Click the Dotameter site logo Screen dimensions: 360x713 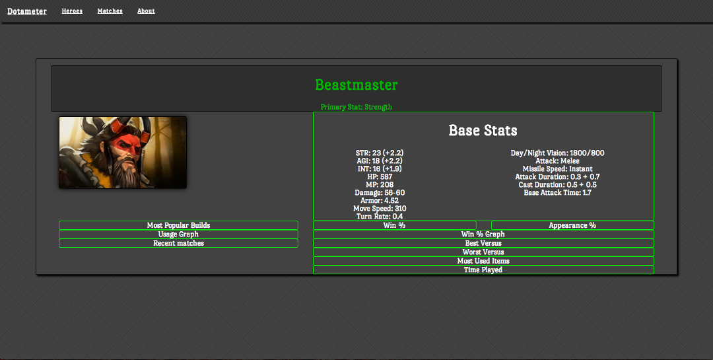(x=27, y=11)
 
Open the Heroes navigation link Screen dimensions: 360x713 (x=72, y=11)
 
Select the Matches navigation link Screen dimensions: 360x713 (x=110, y=11)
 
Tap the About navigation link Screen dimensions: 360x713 (x=146, y=11)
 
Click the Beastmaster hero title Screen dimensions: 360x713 (x=356, y=85)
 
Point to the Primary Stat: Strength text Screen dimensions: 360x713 (x=356, y=107)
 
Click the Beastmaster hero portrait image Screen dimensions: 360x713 (x=123, y=153)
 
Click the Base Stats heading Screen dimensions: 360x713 (x=483, y=131)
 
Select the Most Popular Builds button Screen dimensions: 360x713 (x=178, y=225)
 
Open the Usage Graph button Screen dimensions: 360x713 (x=178, y=234)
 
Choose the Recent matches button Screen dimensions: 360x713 (x=178, y=243)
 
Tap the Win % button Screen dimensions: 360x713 (x=394, y=225)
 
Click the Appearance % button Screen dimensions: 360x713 (x=572, y=225)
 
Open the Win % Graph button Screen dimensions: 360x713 (x=483, y=234)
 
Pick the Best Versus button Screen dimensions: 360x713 (x=483, y=243)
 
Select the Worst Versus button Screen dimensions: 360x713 (x=483, y=252)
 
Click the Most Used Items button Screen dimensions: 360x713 (x=483, y=261)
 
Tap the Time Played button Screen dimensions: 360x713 (x=483, y=270)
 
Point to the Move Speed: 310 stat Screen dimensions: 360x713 (x=380, y=209)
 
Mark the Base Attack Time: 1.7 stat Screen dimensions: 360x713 (x=557, y=193)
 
